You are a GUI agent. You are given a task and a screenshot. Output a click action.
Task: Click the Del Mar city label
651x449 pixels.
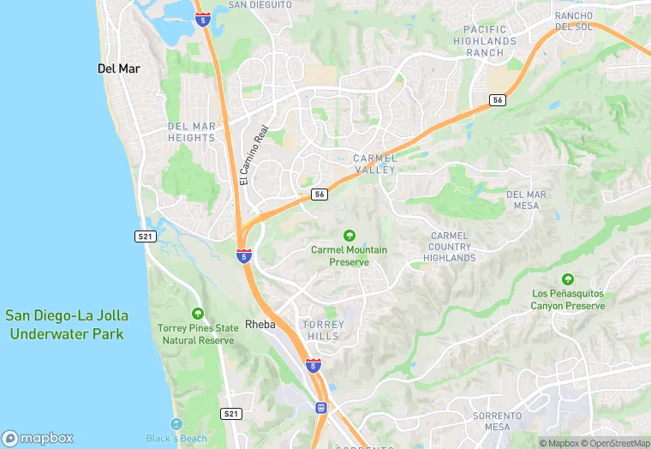coord(119,69)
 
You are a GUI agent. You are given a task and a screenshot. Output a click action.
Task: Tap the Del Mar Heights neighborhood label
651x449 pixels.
coord(192,132)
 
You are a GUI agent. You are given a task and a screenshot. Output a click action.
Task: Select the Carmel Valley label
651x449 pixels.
coord(374,164)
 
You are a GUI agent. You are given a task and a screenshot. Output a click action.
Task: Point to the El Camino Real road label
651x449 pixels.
coord(254,154)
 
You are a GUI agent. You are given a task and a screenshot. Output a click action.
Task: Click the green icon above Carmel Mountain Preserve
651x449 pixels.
coord(349,236)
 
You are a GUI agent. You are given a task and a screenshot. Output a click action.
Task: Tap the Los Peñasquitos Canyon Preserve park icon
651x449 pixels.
coord(567,279)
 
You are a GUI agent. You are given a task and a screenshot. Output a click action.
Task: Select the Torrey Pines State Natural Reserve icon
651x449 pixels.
coord(198,314)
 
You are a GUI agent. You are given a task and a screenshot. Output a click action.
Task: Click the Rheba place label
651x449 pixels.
coord(260,325)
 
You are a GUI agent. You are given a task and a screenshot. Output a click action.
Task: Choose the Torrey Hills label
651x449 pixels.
coord(323,330)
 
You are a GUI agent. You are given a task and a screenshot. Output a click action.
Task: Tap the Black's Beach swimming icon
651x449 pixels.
coord(176,424)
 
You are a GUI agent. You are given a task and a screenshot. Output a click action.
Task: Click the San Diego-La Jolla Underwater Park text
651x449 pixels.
coord(65,325)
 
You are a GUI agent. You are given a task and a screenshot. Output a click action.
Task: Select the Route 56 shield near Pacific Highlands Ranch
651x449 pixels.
coord(497,100)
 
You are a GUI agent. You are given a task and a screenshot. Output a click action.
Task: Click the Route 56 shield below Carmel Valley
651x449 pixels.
coord(319,195)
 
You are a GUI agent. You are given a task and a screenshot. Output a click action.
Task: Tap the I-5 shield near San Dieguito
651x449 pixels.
coord(202,18)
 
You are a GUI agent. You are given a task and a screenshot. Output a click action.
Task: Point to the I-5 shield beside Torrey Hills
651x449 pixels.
coord(314,366)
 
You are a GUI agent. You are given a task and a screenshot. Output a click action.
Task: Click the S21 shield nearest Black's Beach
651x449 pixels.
coord(230,414)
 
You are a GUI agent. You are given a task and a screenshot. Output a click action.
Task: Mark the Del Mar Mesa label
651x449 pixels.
coord(526,200)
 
